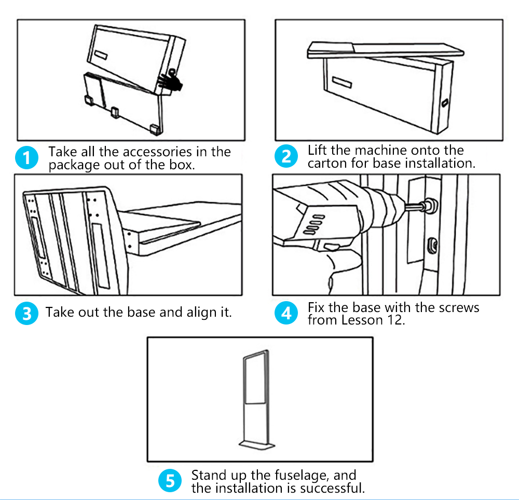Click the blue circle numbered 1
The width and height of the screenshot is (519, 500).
click(26, 158)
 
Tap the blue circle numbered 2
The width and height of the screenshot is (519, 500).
click(286, 156)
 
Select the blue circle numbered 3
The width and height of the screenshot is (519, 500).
click(26, 313)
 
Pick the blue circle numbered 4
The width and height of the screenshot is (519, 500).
click(286, 313)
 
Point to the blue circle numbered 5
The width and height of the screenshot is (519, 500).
click(170, 481)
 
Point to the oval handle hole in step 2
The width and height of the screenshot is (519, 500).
click(444, 103)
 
